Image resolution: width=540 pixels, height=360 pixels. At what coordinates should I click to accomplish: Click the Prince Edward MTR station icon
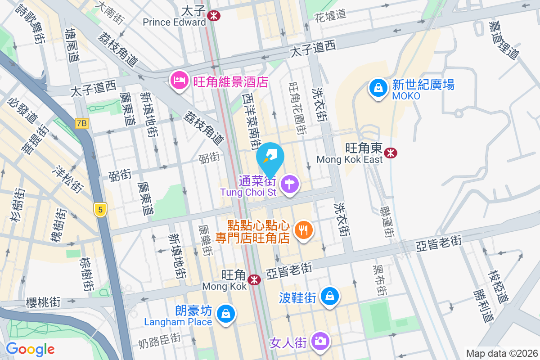click(x=214, y=15)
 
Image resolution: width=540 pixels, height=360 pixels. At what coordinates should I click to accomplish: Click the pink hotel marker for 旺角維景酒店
click(x=179, y=81)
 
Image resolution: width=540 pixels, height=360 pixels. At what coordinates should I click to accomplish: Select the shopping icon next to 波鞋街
click(x=330, y=297)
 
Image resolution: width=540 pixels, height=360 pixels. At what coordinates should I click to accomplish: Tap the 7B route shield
click(x=82, y=123)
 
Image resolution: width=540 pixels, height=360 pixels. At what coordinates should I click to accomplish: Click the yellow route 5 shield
click(x=100, y=209)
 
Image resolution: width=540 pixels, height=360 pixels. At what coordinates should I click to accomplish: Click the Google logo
click(x=30, y=349)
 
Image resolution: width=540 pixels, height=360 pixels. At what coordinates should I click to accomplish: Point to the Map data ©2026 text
click(x=501, y=353)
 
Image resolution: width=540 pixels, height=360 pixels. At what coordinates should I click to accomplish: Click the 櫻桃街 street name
click(x=44, y=302)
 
